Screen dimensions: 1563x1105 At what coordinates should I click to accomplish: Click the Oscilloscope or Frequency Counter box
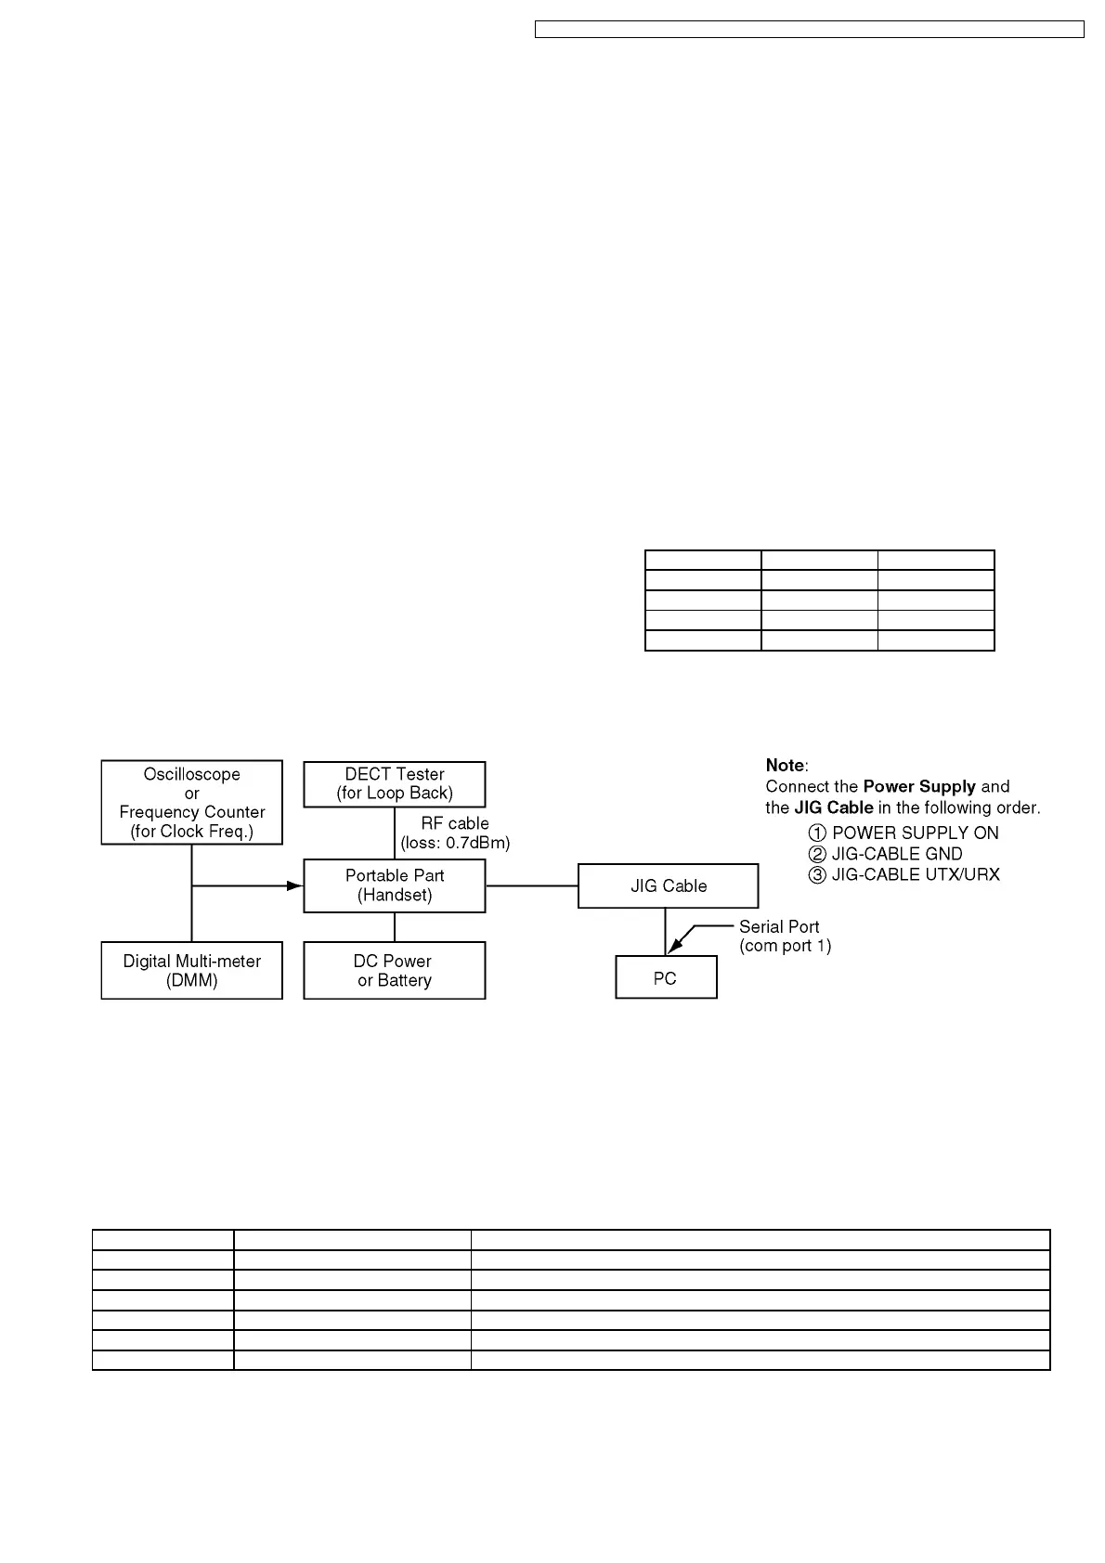pyautogui.click(x=191, y=802)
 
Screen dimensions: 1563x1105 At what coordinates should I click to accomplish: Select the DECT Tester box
pyautogui.click(x=394, y=784)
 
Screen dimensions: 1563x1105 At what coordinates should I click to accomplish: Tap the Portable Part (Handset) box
pyautogui.click(x=394, y=885)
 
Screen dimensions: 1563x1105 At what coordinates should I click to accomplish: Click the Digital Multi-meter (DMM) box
pyautogui.click(x=191, y=970)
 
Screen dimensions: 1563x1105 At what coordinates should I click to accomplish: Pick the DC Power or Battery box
pyautogui.click(x=394, y=970)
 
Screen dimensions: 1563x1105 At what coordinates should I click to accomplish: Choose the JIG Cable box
pyautogui.click(x=668, y=885)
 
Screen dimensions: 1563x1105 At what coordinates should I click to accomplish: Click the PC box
pyautogui.click(x=666, y=977)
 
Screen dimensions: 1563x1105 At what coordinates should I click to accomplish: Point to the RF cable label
pyautogui.click(x=455, y=823)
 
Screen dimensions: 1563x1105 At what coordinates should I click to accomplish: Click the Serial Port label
pyautogui.click(x=779, y=926)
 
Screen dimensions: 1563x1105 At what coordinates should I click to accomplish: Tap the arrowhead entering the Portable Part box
pyautogui.click(x=295, y=885)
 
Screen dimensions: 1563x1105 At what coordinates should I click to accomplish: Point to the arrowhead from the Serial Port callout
pyautogui.click(x=674, y=946)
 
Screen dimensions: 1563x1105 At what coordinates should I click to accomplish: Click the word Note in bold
pyautogui.click(x=785, y=765)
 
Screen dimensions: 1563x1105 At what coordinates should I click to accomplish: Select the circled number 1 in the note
pyautogui.click(x=817, y=833)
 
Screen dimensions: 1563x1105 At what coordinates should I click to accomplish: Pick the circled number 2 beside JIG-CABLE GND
pyautogui.click(x=817, y=854)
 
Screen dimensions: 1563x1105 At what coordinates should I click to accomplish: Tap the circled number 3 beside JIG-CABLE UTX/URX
pyautogui.click(x=817, y=874)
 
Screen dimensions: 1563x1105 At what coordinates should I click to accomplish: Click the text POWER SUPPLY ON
pyautogui.click(x=915, y=833)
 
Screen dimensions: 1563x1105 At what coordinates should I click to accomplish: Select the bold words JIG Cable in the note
pyautogui.click(x=833, y=807)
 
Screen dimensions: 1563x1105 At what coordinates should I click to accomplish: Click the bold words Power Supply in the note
pyautogui.click(x=918, y=786)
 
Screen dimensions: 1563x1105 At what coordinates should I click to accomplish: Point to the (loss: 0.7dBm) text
pyautogui.click(x=455, y=844)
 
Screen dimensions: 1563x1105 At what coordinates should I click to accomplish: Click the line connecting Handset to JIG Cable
pyautogui.click(x=531, y=885)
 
